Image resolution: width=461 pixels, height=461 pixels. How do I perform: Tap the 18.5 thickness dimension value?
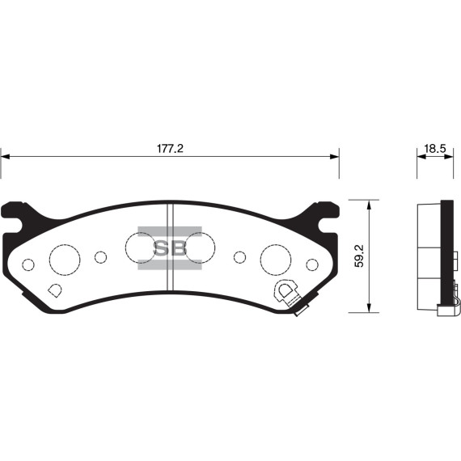point(434,149)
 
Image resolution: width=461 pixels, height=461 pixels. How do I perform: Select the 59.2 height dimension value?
point(359,256)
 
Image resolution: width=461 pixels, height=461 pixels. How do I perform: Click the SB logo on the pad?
point(170,248)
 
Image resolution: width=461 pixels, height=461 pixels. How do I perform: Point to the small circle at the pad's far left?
point(28,264)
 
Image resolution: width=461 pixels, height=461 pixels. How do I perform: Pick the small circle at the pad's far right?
point(311,264)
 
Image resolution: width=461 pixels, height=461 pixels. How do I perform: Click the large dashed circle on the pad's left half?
point(65,259)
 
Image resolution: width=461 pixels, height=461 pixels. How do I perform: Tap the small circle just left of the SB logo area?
point(100,257)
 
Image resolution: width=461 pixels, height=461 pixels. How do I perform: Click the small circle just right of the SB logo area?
point(239,257)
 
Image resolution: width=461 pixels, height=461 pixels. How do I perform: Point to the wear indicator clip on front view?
point(287,294)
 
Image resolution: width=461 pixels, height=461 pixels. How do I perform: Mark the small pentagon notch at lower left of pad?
point(54,290)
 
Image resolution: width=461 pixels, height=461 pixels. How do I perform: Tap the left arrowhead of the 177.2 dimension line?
point(5,158)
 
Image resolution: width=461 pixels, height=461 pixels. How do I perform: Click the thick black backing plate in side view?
point(446,255)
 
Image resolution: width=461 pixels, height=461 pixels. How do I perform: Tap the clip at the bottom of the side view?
point(444,308)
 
